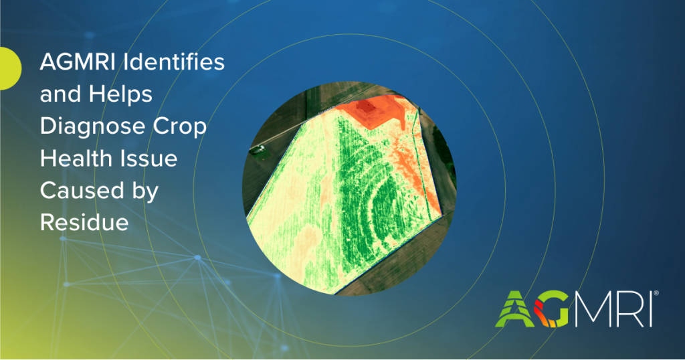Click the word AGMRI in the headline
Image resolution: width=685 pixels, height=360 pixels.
pyautogui.click(x=78, y=62)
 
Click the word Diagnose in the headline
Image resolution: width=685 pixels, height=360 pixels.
pyautogui.click(x=92, y=126)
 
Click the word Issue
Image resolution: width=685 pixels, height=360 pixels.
pyautogui.click(x=145, y=158)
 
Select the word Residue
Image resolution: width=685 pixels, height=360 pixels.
pyautogui.click(x=84, y=222)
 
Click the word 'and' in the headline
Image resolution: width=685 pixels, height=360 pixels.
pyautogui.click(x=60, y=94)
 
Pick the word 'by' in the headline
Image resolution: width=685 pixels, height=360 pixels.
pyautogui.click(x=145, y=192)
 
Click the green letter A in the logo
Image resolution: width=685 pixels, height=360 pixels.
pyautogui.click(x=515, y=309)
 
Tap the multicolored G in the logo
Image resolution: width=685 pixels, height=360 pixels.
pyautogui.click(x=551, y=309)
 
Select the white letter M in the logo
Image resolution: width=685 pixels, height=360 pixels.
pyautogui.click(x=593, y=309)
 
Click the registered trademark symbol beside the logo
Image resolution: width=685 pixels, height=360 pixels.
pyautogui.click(x=656, y=294)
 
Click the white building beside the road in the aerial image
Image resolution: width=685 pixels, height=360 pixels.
pyautogui.click(x=259, y=150)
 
